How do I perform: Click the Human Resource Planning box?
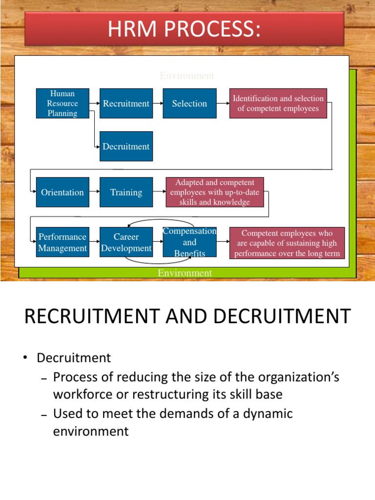[62, 103]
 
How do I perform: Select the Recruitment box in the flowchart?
[126, 103]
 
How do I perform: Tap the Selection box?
[189, 103]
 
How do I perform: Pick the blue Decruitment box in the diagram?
[126, 146]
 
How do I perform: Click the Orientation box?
[62, 192]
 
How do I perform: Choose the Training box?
[126, 192]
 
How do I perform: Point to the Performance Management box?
[62, 242]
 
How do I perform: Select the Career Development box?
[126, 242]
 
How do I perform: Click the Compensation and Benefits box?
[189, 242]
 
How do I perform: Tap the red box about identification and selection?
[278, 103]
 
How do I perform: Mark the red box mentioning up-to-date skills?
[215, 192]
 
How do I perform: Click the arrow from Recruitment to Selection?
[158, 104]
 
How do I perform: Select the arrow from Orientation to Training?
[95, 192]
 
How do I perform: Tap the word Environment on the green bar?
[185, 273]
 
